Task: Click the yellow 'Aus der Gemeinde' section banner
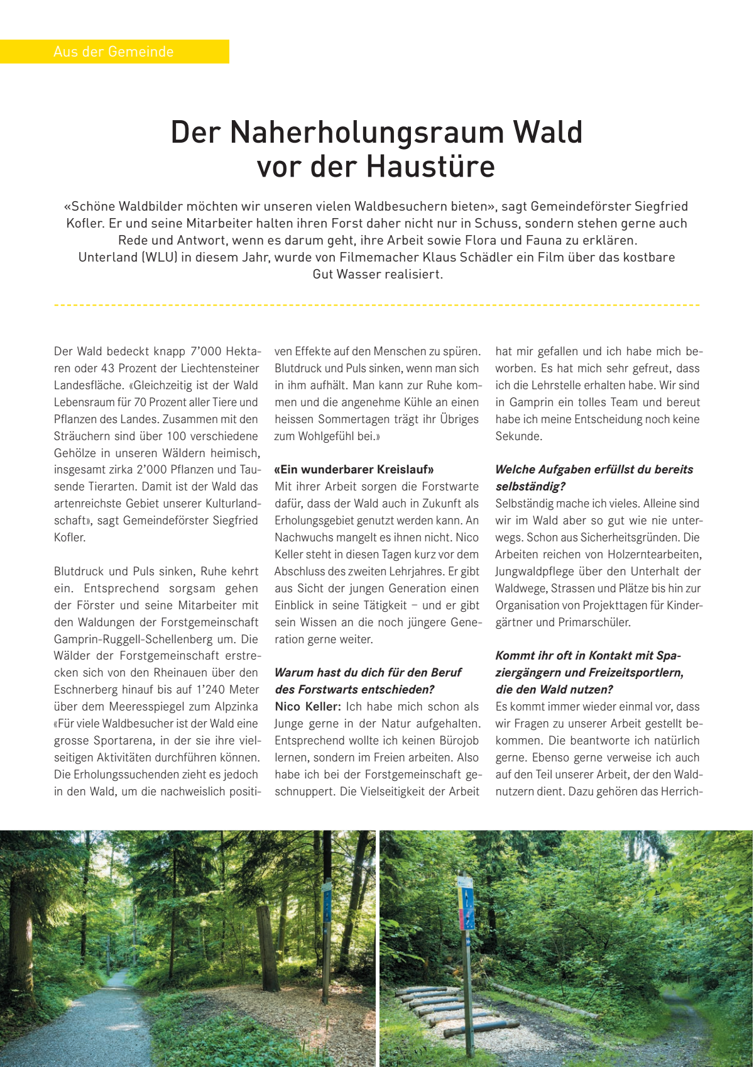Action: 114,52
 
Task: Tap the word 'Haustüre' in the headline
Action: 430,167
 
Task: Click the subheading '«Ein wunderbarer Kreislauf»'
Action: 354,470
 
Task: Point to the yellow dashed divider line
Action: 377,306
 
